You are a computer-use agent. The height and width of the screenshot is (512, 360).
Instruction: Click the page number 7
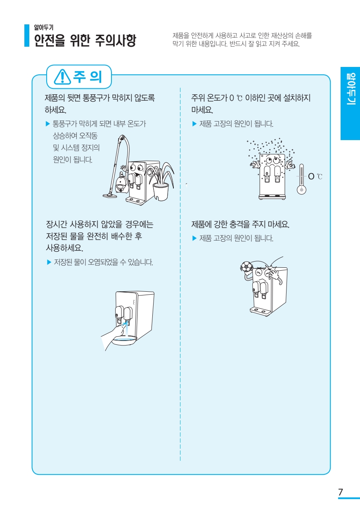[341, 492]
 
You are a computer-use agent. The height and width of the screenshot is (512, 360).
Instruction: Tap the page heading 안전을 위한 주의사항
[85, 41]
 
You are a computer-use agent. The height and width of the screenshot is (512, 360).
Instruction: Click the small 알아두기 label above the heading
[43, 27]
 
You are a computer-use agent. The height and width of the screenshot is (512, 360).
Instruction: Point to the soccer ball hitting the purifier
[246, 267]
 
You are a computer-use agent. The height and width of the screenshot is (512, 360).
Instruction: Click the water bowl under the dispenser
[124, 340]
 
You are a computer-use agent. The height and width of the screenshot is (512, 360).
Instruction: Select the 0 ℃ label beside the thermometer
[315, 177]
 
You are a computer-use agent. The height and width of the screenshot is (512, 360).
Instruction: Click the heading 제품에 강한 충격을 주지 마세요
[240, 225]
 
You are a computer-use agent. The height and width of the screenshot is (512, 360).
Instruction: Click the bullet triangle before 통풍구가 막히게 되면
[47, 124]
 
